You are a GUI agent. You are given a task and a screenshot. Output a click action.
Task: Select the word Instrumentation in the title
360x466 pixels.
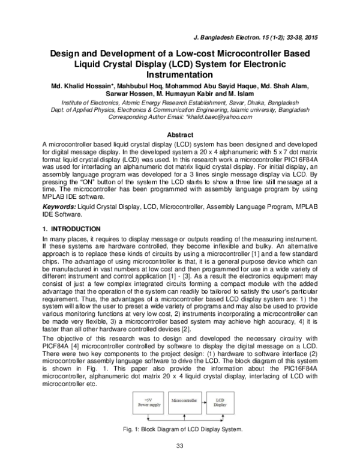179,75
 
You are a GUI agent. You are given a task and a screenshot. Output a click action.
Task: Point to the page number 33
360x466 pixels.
179,445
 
